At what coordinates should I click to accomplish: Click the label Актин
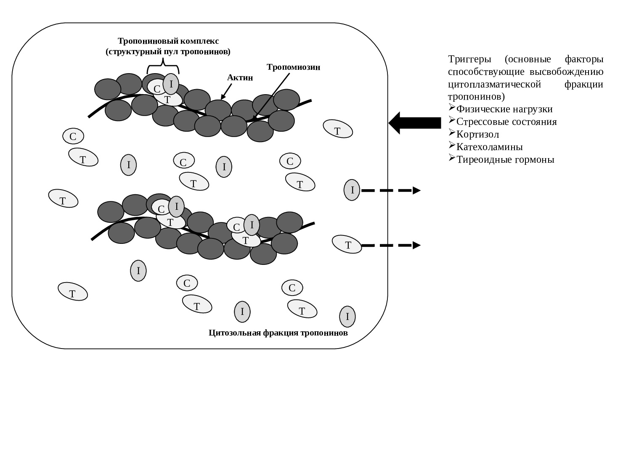pos(240,77)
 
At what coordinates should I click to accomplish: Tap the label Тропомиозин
pos(294,67)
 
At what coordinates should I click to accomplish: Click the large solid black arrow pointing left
pos(414,123)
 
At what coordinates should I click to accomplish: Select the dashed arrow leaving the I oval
pos(391,190)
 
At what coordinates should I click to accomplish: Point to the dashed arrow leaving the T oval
pos(391,245)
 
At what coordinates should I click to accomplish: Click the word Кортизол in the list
pos(478,135)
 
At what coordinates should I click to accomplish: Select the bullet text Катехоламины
pos(490,147)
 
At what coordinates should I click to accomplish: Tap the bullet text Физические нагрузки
pos(504,109)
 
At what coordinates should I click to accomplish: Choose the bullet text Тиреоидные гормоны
pos(505,160)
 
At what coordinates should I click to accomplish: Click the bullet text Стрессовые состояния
pos(506,122)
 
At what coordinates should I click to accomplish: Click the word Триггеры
pos(469,59)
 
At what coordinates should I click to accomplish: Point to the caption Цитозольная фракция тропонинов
pos(278,333)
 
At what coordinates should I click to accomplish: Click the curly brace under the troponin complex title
pos(163,66)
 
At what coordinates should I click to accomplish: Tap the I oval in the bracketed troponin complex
pos(171,84)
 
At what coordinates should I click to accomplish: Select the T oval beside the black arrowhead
pos(338,129)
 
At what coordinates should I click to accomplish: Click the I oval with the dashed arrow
pos(352,190)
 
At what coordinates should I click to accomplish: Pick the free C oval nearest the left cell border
pos(73,136)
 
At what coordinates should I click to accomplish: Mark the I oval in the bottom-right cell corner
pos(347,317)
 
